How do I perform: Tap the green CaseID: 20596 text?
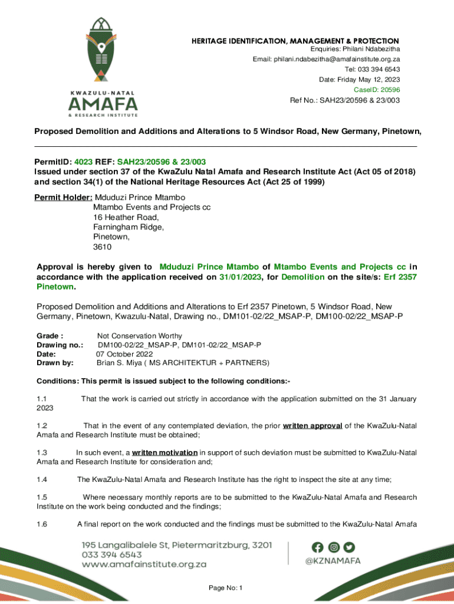pyautogui.click(x=376, y=90)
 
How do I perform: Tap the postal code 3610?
pyautogui.click(x=102, y=247)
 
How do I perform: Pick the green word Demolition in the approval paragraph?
pyautogui.click(x=303, y=277)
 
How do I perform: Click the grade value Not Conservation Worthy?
pyautogui.click(x=139, y=336)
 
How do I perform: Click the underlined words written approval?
pyautogui.click(x=312, y=425)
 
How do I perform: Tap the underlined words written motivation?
pyautogui.click(x=165, y=452)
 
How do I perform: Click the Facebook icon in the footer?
pyautogui.click(x=318, y=547)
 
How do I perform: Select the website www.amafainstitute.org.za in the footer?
pyautogui.click(x=144, y=564)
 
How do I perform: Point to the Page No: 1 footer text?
pyautogui.click(x=226, y=588)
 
